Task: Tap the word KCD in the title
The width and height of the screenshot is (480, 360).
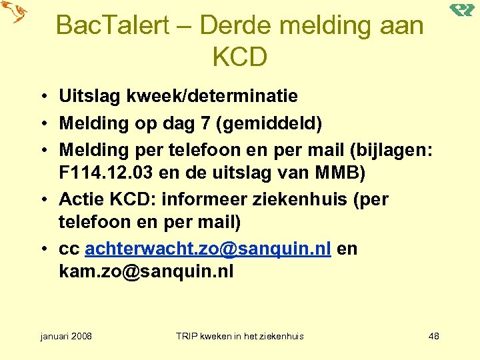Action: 239,57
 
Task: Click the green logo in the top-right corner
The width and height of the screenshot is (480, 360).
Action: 461,9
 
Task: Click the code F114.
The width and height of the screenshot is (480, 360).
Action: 83,173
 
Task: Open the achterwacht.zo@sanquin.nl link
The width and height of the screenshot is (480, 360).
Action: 208,249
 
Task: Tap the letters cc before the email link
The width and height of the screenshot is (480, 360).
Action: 69,249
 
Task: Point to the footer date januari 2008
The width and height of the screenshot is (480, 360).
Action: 66,336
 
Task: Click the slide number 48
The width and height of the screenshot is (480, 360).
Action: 433,336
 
